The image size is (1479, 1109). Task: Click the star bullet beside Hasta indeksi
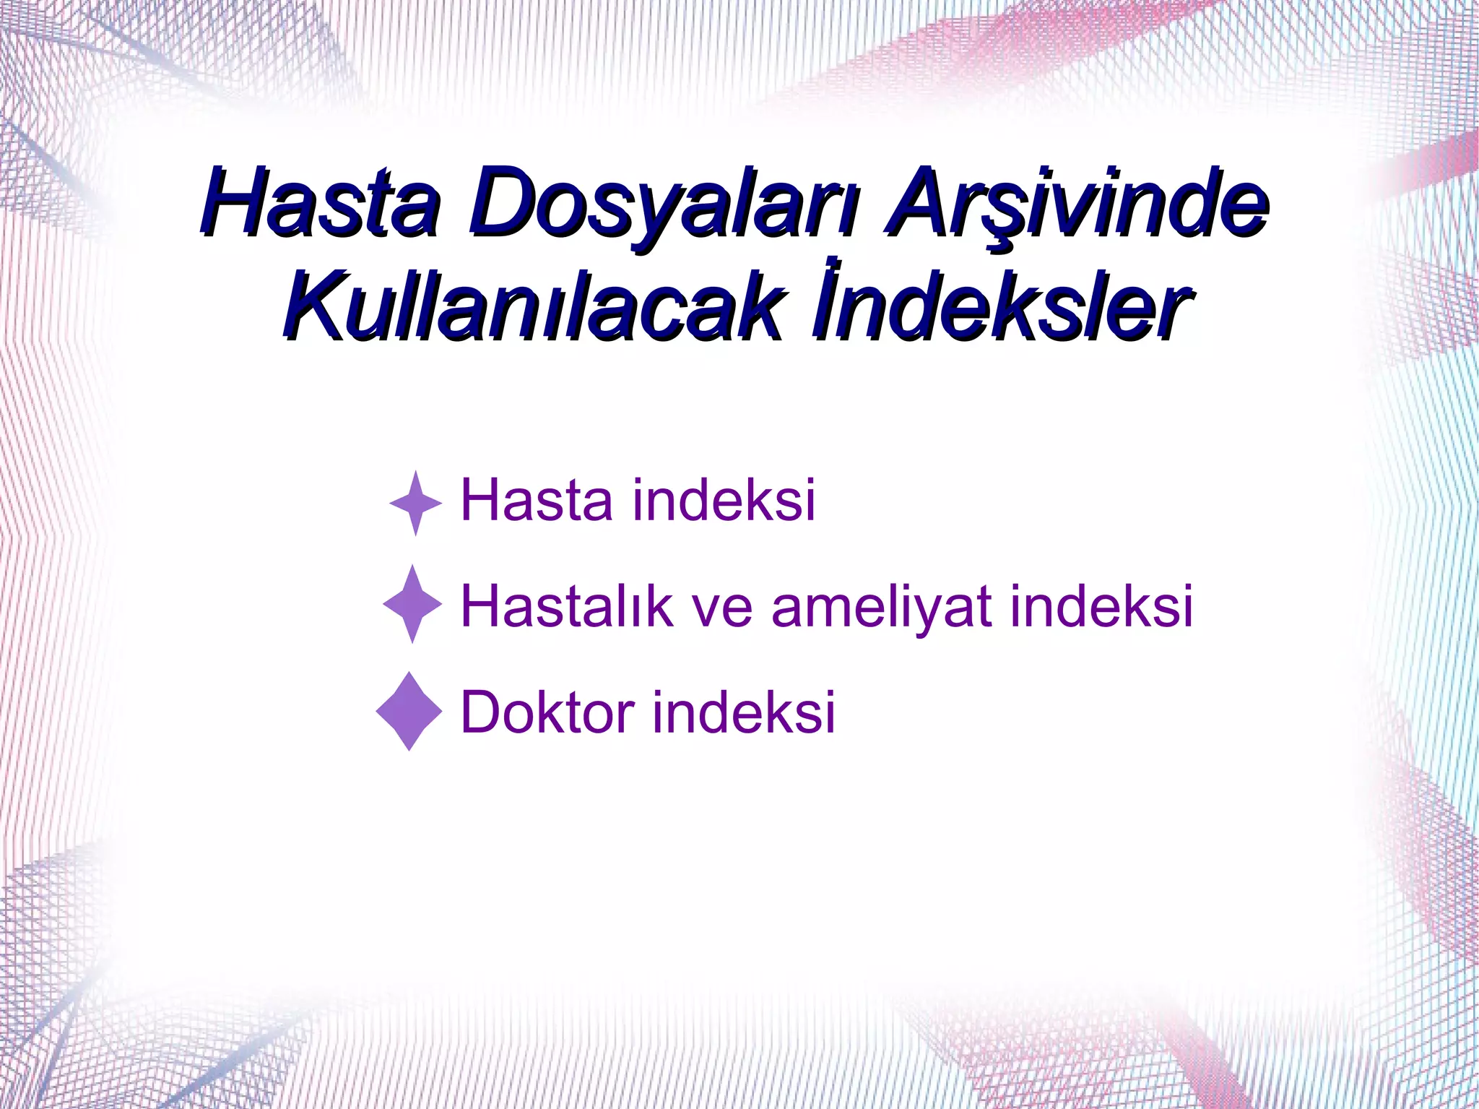click(415, 503)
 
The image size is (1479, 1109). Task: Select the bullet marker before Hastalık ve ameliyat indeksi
click(412, 604)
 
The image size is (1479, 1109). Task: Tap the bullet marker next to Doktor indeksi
click(409, 711)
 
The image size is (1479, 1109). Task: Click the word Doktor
click(547, 712)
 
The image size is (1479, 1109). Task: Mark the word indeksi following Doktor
click(744, 712)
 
